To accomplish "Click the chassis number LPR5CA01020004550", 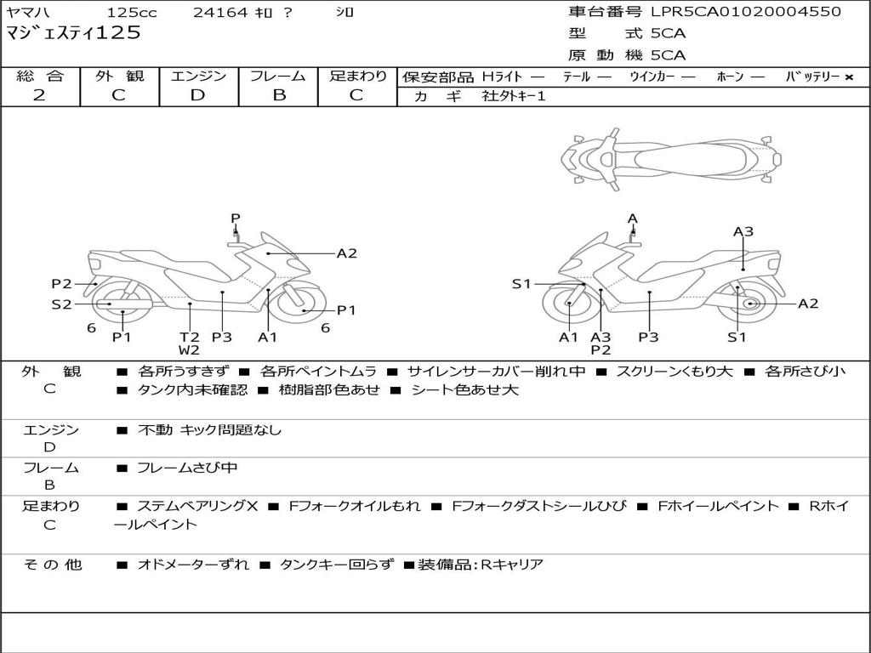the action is (746, 11).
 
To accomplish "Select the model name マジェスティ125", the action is (73, 33).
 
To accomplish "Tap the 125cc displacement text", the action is (132, 12).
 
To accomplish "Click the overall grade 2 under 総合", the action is (39, 95).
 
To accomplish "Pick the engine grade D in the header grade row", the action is (197, 95).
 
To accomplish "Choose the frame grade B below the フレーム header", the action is (279, 95).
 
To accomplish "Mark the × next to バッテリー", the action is (849, 77).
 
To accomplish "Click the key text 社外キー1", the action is (514, 96).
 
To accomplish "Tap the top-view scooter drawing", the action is (671, 159).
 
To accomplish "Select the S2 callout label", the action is (61, 304).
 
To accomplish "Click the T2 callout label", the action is (190, 337).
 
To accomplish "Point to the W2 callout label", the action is (189, 349).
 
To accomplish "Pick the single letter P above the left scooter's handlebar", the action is (236, 219).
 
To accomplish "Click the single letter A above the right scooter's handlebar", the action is (633, 219).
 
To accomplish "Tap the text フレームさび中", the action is (187, 468).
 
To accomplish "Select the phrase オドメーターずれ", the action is (193, 565).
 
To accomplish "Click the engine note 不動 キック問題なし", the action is (209, 429).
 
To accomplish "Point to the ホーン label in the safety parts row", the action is (730, 77).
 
